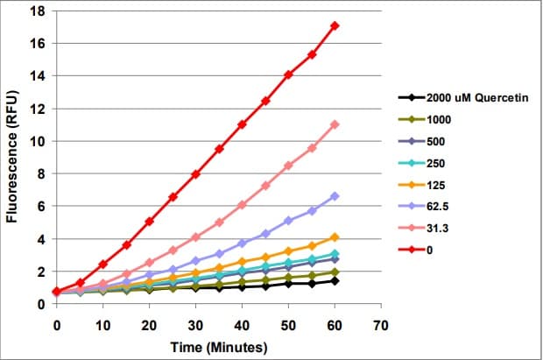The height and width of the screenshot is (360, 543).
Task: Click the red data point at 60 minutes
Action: (335, 25)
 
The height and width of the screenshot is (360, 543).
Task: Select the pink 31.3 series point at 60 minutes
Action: (335, 124)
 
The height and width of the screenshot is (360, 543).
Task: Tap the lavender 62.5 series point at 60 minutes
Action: (335, 196)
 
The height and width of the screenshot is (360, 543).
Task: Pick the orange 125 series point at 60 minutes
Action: (335, 237)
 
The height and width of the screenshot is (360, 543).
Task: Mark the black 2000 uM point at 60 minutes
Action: (335, 280)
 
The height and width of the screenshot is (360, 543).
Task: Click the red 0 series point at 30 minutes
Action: (195, 174)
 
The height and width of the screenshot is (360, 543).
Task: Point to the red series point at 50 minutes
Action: (288, 74)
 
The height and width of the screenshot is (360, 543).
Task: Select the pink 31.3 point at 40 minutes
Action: (242, 204)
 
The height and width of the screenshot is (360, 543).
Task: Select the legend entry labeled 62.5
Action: (439, 206)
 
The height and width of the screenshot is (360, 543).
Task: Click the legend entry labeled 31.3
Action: (439, 228)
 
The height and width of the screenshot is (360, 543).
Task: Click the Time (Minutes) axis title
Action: (218, 346)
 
